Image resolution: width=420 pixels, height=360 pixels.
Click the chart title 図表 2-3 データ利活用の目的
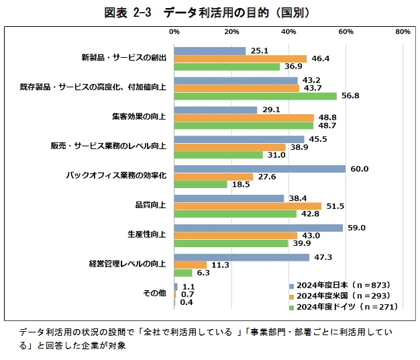pos(210,12)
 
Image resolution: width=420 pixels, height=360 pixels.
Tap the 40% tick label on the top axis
pos(288,32)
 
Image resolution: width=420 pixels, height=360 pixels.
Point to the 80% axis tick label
pos(403,32)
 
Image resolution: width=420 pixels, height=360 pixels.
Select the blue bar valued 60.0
pos(260,169)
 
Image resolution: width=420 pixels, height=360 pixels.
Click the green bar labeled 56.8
pos(255,95)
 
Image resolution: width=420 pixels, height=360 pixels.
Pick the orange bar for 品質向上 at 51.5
pos(248,206)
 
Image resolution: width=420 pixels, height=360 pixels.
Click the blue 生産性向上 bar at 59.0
pos(258,228)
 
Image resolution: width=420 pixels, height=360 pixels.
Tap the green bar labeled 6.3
pos(183,273)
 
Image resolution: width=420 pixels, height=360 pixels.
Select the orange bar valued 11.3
pos(191,265)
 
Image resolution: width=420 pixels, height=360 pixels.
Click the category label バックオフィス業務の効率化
pos(116,175)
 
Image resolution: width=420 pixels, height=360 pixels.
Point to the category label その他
pos(154,294)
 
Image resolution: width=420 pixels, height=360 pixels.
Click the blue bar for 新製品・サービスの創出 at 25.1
pos(210,50)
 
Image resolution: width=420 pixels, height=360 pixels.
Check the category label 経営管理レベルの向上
pos(127,264)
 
